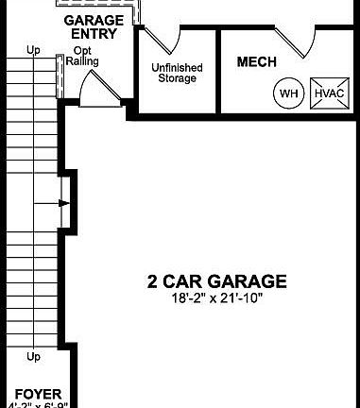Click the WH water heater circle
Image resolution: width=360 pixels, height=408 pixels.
point(287,93)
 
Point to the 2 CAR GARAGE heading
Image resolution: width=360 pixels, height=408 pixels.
point(216,280)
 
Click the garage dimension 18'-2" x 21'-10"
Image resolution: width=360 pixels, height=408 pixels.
point(216,297)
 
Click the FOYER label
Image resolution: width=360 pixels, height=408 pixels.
point(38,391)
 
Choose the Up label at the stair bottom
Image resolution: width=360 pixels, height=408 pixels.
point(34,357)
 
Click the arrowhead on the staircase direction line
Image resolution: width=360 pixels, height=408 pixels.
point(63,202)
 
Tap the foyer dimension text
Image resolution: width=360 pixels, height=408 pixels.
point(38,404)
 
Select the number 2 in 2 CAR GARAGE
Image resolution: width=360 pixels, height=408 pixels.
point(152,280)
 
